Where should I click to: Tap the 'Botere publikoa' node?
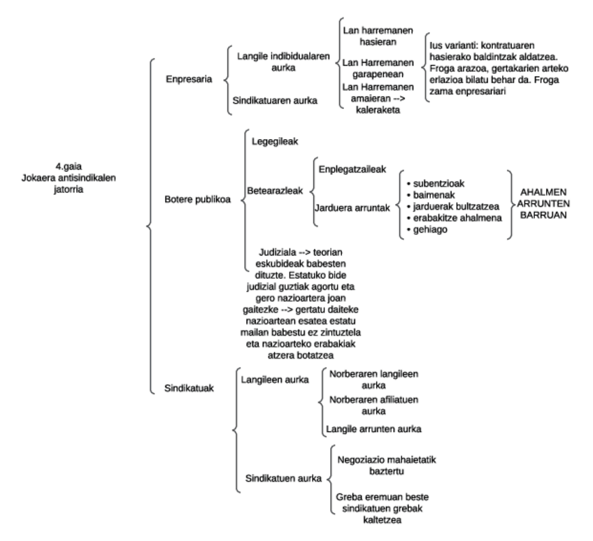pyautogui.click(x=197, y=199)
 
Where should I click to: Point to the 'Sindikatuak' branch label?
pyautogui.click(x=190, y=389)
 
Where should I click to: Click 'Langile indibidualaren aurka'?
pyautogui.click(x=272, y=60)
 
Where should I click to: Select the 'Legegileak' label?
pyautogui.click(x=275, y=141)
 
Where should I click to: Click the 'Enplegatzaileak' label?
pyautogui.click(x=352, y=169)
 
